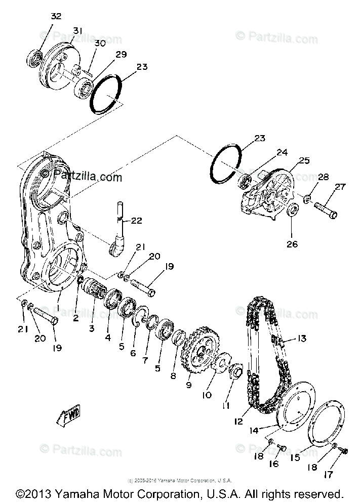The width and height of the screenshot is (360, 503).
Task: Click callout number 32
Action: (x=56, y=16)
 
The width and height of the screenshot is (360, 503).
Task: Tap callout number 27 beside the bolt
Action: (x=340, y=187)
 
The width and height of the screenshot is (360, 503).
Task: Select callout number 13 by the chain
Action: (x=302, y=339)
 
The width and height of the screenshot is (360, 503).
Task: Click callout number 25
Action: (x=304, y=160)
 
